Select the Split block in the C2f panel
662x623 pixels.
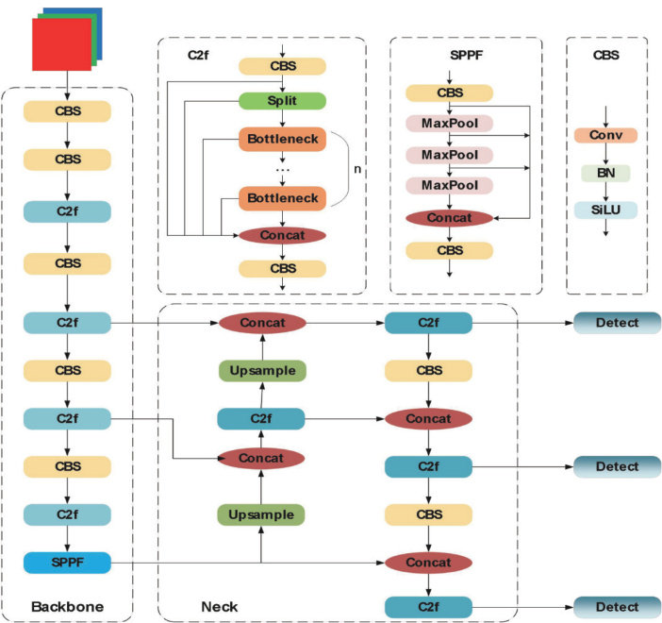click(x=282, y=100)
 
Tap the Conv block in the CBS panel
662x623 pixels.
click(x=605, y=135)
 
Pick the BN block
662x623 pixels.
click(x=605, y=173)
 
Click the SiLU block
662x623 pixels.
click(x=605, y=210)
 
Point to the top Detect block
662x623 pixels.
click(x=617, y=324)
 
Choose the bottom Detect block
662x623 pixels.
click(x=617, y=607)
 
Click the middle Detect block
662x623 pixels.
click(x=617, y=466)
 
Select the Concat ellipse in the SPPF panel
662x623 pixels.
click(x=449, y=218)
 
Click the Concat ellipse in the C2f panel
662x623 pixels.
click(x=282, y=234)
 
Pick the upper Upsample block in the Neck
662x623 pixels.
click(x=261, y=371)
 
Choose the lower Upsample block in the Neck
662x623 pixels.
click(x=261, y=514)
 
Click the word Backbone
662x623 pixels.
click(x=67, y=605)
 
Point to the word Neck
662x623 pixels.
click(x=218, y=605)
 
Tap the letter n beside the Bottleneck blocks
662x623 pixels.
click(x=357, y=170)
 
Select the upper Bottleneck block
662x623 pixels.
click(x=282, y=140)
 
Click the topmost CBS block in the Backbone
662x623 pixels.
click(x=68, y=110)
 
